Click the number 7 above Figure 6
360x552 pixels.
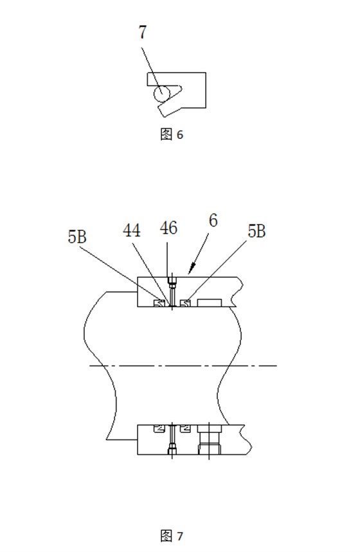(x=142, y=32)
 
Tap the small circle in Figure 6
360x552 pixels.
(x=161, y=94)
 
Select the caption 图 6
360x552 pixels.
(x=172, y=134)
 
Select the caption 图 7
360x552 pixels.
(x=172, y=536)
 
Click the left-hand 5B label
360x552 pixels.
(x=77, y=237)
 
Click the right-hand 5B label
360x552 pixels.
(x=256, y=232)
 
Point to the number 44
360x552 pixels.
(x=132, y=230)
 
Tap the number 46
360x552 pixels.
(x=168, y=228)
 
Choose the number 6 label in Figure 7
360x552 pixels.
(x=213, y=221)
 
